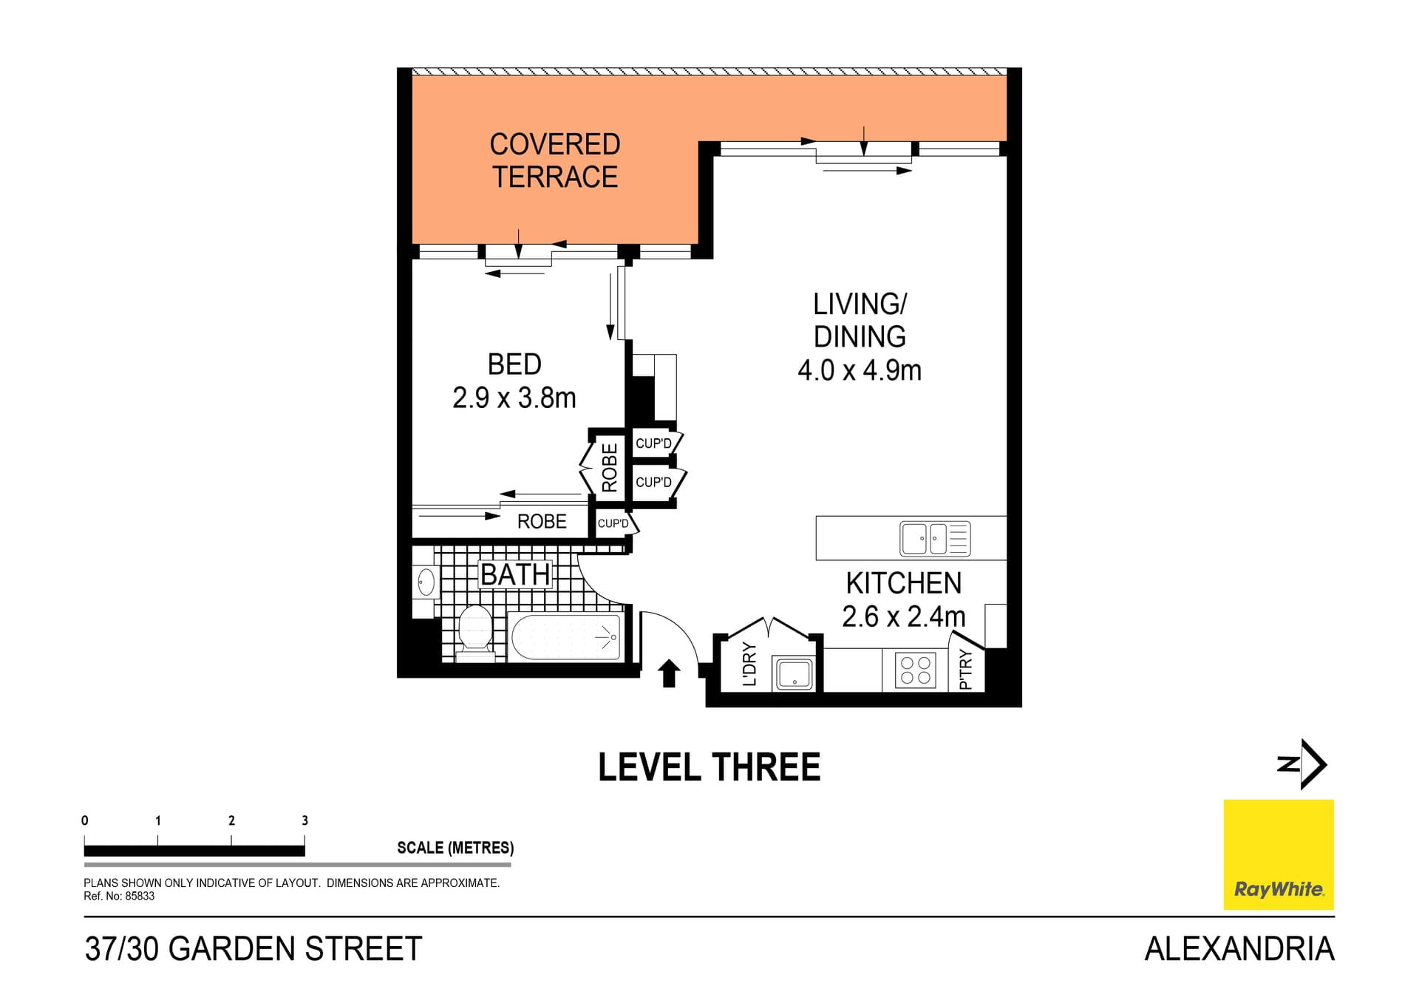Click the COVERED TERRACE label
click(554, 160)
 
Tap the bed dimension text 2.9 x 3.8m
click(514, 398)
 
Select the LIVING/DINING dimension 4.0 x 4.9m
click(859, 370)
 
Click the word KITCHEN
click(903, 583)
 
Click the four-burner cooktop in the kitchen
click(915, 670)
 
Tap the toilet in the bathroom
click(474, 633)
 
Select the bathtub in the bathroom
click(566, 636)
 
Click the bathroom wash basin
click(426, 582)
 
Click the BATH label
click(515, 574)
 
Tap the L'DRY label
click(749, 664)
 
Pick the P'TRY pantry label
click(965, 670)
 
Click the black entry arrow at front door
click(669, 673)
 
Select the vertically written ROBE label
click(609, 467)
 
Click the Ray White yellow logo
click(1278, 854)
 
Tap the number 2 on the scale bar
click(231, 820)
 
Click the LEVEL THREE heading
click(709, 767)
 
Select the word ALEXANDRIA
click(1239, 949)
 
